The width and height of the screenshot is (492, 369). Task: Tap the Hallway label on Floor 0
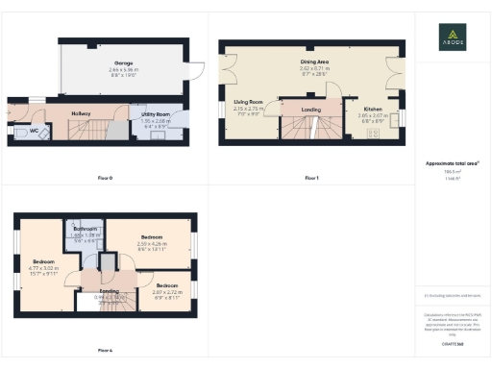pos(80,113)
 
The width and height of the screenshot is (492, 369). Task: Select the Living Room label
pos(249,102)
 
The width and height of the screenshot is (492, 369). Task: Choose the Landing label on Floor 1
pos(310,110)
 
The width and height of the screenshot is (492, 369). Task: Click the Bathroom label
pos(86,229)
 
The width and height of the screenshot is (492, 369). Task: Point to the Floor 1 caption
pos(310,178)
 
